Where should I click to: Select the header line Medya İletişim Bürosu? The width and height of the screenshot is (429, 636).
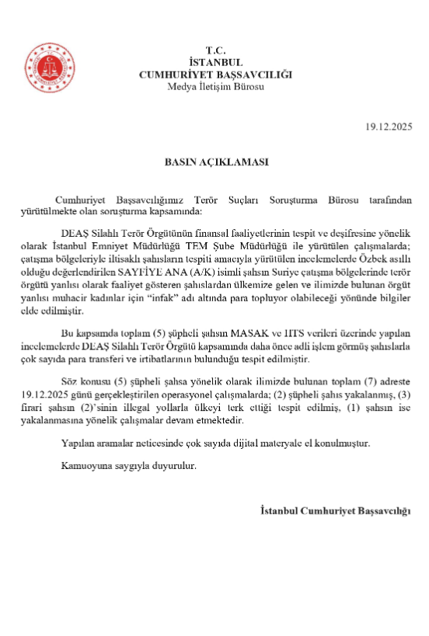pyautogui.click(x=215, y=85)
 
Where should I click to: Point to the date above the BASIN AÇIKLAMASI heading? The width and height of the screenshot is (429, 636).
pyautogui.click(x=388, y=126)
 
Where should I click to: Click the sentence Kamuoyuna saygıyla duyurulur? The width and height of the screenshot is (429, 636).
pyautogui.click(x=127, y=466)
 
